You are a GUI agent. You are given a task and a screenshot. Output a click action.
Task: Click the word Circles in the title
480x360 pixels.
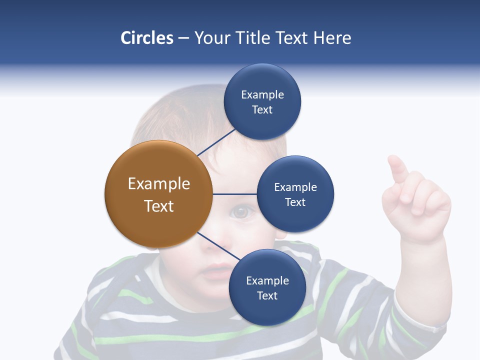coord(147,37)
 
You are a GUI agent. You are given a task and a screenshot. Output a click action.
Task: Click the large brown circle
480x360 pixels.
coord(158,194)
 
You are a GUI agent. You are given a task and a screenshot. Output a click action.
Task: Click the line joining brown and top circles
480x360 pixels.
coord(216,142)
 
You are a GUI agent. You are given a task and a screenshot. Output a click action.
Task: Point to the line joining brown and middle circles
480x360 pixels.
coord(234,194)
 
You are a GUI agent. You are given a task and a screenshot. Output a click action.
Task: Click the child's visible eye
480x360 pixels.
coord(241,212)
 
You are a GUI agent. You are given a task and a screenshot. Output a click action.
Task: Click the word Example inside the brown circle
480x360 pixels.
coord(158,183)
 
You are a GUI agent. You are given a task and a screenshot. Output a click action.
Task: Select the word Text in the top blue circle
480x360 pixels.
coord(262,110)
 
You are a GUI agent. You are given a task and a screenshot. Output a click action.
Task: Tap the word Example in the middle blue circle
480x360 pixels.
coord(295,187)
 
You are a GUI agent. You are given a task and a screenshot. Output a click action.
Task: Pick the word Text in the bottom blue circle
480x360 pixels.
coord(267,295)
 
